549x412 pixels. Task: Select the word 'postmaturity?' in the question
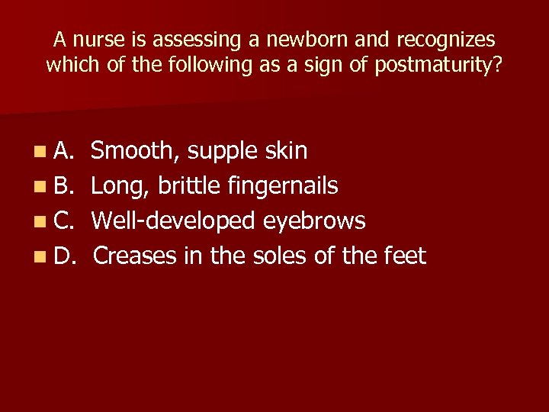[438, 66]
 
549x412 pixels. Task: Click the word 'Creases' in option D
[135, 256]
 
